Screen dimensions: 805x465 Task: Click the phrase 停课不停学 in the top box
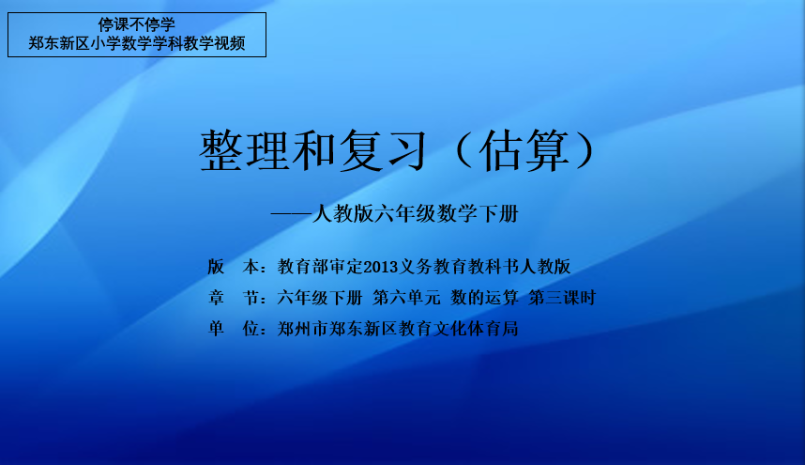(x=137, y=24)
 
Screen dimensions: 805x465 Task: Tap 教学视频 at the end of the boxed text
(x=214, y=43)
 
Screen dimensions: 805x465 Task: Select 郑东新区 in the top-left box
(x=59, y=43)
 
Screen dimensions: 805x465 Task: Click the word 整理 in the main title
(x=244, y=150)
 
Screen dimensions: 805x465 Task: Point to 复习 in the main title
(x=383, y=150)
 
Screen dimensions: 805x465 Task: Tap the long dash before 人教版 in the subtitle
(x=291, y=214)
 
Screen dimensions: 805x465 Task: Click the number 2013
(x=381, y=267)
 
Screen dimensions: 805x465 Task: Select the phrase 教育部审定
(x=320, y=267)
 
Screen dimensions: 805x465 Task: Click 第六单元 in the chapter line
(x=406, y=298)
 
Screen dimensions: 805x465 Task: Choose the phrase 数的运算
(x=485, y=298)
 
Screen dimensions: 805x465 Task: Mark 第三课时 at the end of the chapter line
(x=562, y=298)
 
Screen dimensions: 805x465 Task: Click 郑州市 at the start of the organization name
(x=303, y=329)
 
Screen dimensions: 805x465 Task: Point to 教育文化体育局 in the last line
(x=459, y=329)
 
